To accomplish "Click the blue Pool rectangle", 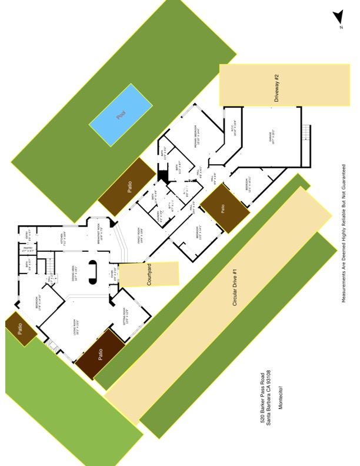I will tap(121, 115).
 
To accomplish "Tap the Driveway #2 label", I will tap(276, 88).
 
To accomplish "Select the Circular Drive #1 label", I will tap(234, 288).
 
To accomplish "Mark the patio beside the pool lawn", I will tap(126, 186).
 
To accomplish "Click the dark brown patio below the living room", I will tap(100, 354).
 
